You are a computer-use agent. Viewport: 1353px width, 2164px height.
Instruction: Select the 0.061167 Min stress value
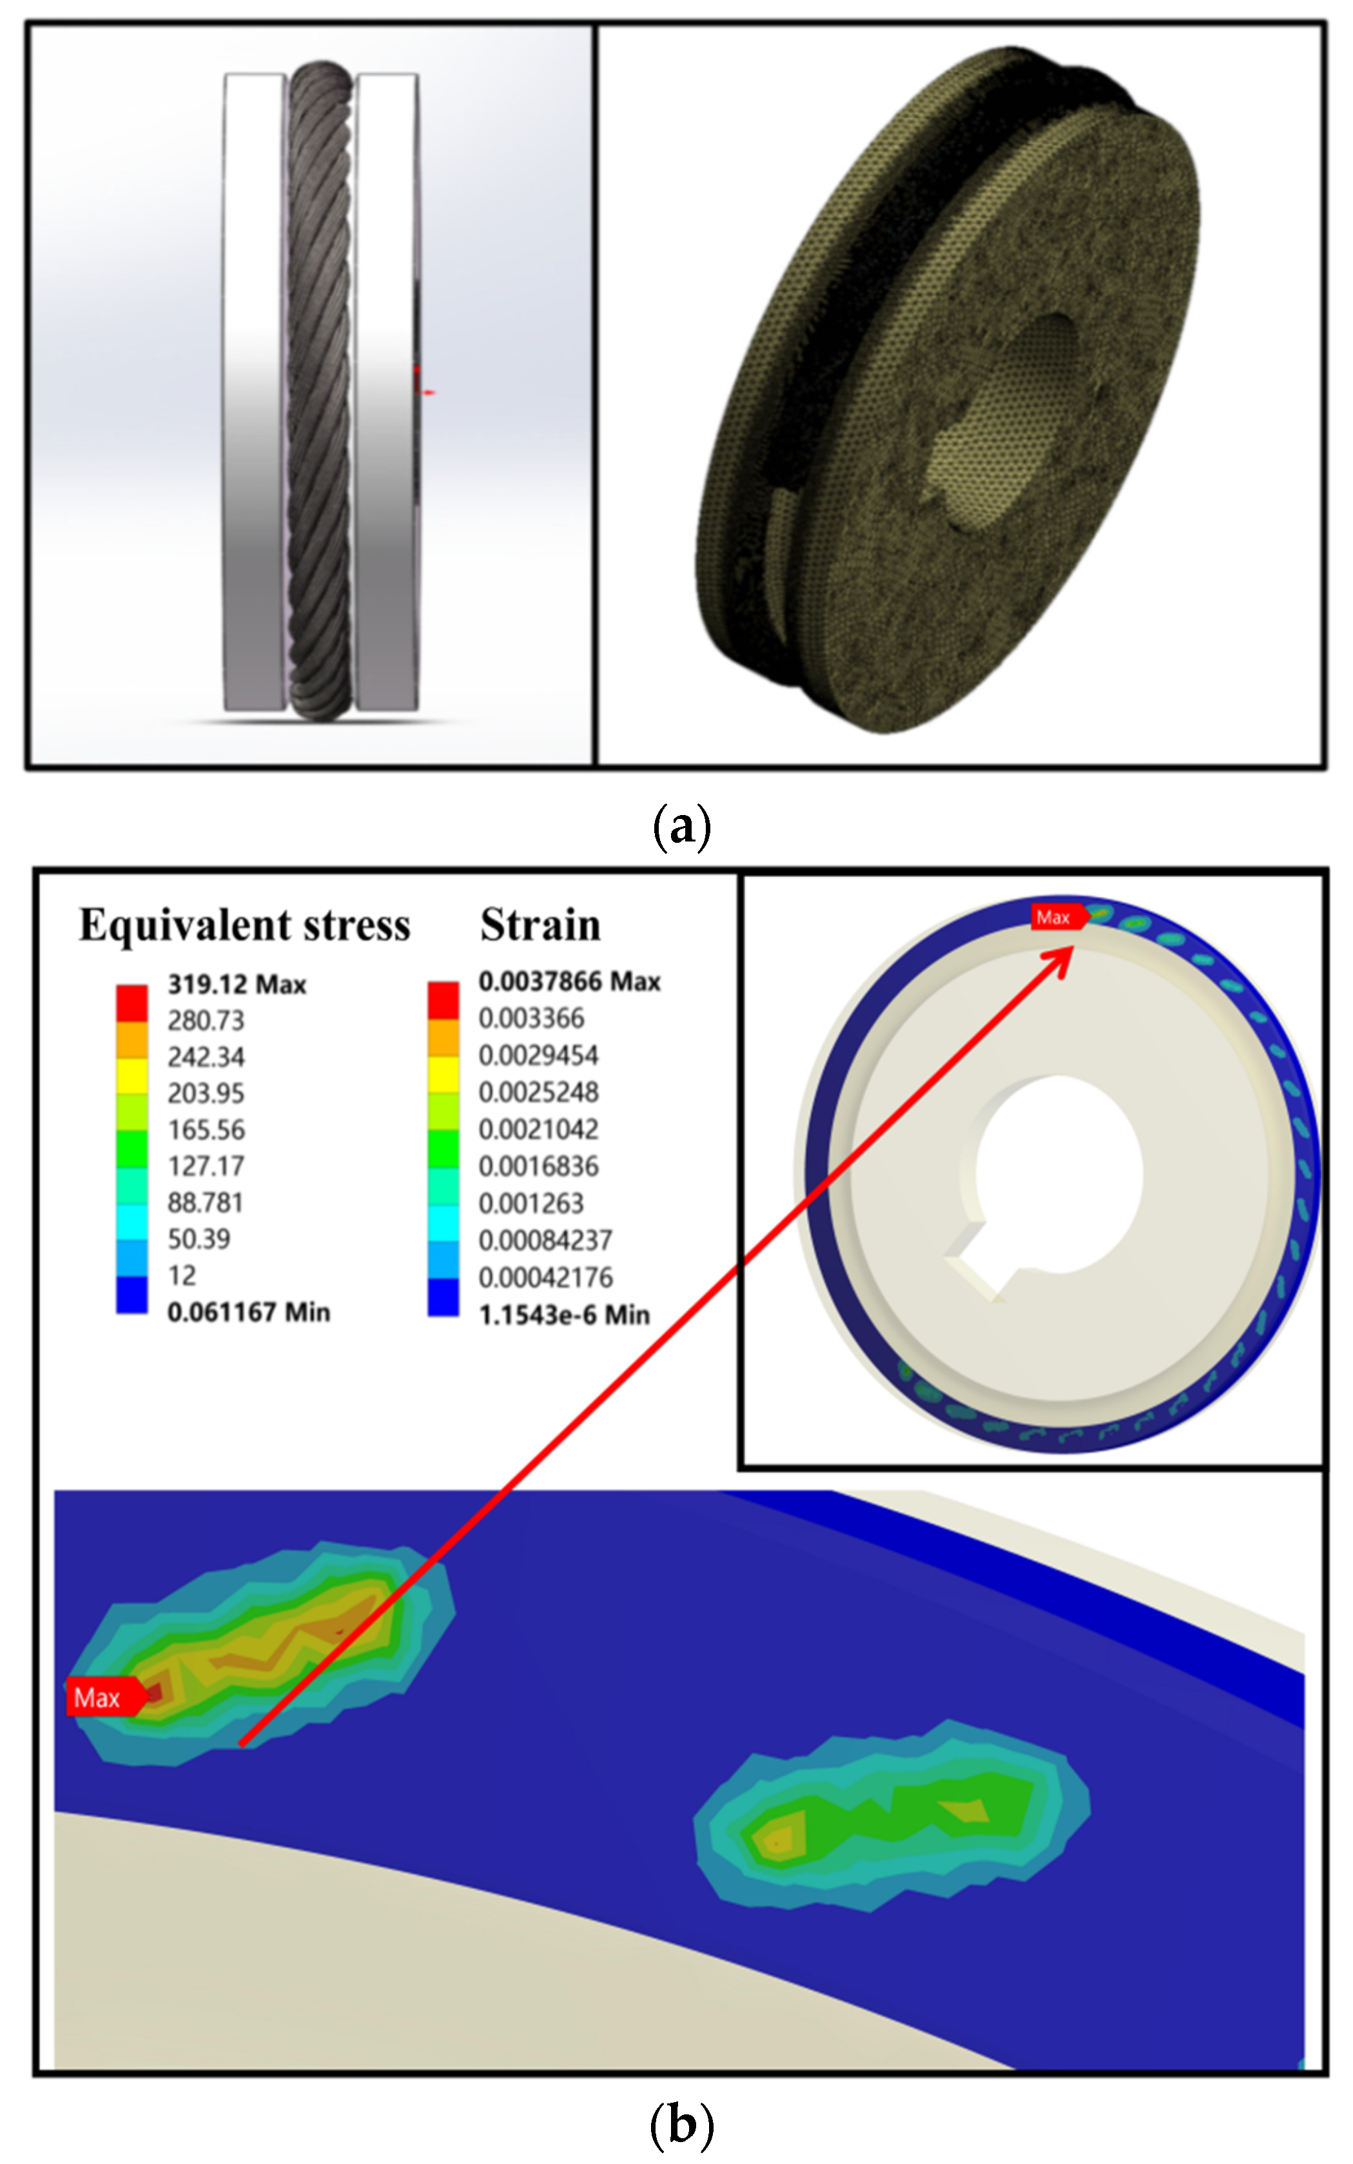coord(248,1313)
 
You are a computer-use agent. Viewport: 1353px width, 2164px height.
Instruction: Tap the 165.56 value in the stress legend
coord(206,1130)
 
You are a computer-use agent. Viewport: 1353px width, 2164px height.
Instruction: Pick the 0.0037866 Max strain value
coord(569,982)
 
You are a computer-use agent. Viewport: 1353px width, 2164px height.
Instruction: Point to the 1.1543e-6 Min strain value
coord(564,1315)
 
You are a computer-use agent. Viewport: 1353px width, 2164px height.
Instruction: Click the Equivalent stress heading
coord(244,925)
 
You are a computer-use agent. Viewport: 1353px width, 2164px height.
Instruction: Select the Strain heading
coord(540,925)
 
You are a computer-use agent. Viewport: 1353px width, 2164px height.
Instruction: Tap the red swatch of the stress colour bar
coord(131,1002)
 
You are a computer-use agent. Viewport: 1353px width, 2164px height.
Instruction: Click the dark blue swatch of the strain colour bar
coord(443,1297)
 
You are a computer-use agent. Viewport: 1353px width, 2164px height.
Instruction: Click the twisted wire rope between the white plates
coord(318,394)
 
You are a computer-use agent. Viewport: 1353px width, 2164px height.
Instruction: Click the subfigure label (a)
coord(682,827)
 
